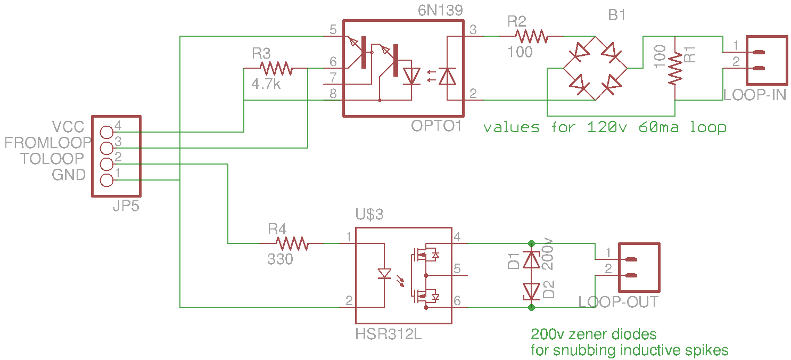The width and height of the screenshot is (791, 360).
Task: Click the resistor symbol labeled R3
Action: [x=276, y=68]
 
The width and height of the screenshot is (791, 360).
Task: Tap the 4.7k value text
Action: [x=266, y=84]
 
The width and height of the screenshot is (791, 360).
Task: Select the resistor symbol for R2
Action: [x=530, y=36]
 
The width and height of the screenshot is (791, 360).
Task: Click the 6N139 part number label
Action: [x=441, y=11]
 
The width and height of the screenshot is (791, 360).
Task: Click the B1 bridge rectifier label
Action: [x=616, y=16]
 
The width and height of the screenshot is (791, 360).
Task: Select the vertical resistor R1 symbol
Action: [x=675, y=68]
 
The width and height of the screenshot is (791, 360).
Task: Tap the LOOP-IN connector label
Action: [x=754, y=95]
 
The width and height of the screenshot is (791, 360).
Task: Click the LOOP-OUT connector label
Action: [x=618, y=302]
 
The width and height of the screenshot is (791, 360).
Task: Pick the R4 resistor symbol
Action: [x=292, y=243]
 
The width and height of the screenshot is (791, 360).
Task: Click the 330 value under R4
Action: [x=280, y=260]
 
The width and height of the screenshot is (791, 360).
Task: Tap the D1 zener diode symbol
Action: [x=531, y=259]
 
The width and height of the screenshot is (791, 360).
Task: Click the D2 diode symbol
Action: [x=531, y=291]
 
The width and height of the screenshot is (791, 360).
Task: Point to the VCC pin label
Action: [x=68, y=127]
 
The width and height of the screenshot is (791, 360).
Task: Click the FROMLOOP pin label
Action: [x=47, y=143]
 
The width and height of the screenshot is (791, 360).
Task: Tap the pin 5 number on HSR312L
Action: [x=457, y=269]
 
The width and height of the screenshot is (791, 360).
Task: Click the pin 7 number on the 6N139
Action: [x=333, y=77]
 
